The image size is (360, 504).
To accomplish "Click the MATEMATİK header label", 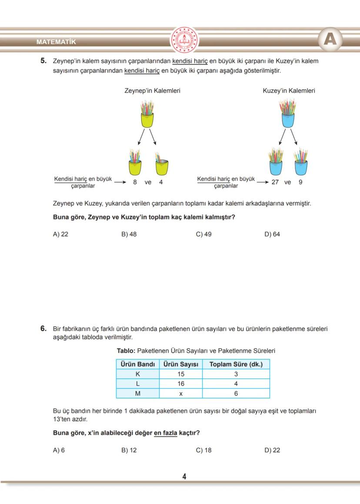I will click(56, 42).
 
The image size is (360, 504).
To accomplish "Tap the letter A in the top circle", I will click(330, 40).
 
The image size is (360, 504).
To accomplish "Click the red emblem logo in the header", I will click(184, 40).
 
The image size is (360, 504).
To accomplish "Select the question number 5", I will click(43, 61).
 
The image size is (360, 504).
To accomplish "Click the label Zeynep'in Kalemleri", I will click(152, 91).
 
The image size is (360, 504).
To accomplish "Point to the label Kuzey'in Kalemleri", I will click(289, 91).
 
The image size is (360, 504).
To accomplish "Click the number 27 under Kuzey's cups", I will click(275, 182).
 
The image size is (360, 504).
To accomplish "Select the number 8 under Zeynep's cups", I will click(135, 182).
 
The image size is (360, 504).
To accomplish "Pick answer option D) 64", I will click(272, 234).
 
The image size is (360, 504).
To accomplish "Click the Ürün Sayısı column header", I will click(181, 364).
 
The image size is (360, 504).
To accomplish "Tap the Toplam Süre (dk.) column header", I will click(236, 364).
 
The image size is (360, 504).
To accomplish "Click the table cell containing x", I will click(181, 393).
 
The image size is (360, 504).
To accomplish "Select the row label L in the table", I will click(137, 384).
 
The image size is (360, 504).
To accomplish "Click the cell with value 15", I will click(181, 374).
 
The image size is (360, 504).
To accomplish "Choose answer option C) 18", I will click(203, 450).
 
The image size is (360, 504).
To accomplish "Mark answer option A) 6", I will click(59, 450).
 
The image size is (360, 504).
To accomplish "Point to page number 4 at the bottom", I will click(184, 477).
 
